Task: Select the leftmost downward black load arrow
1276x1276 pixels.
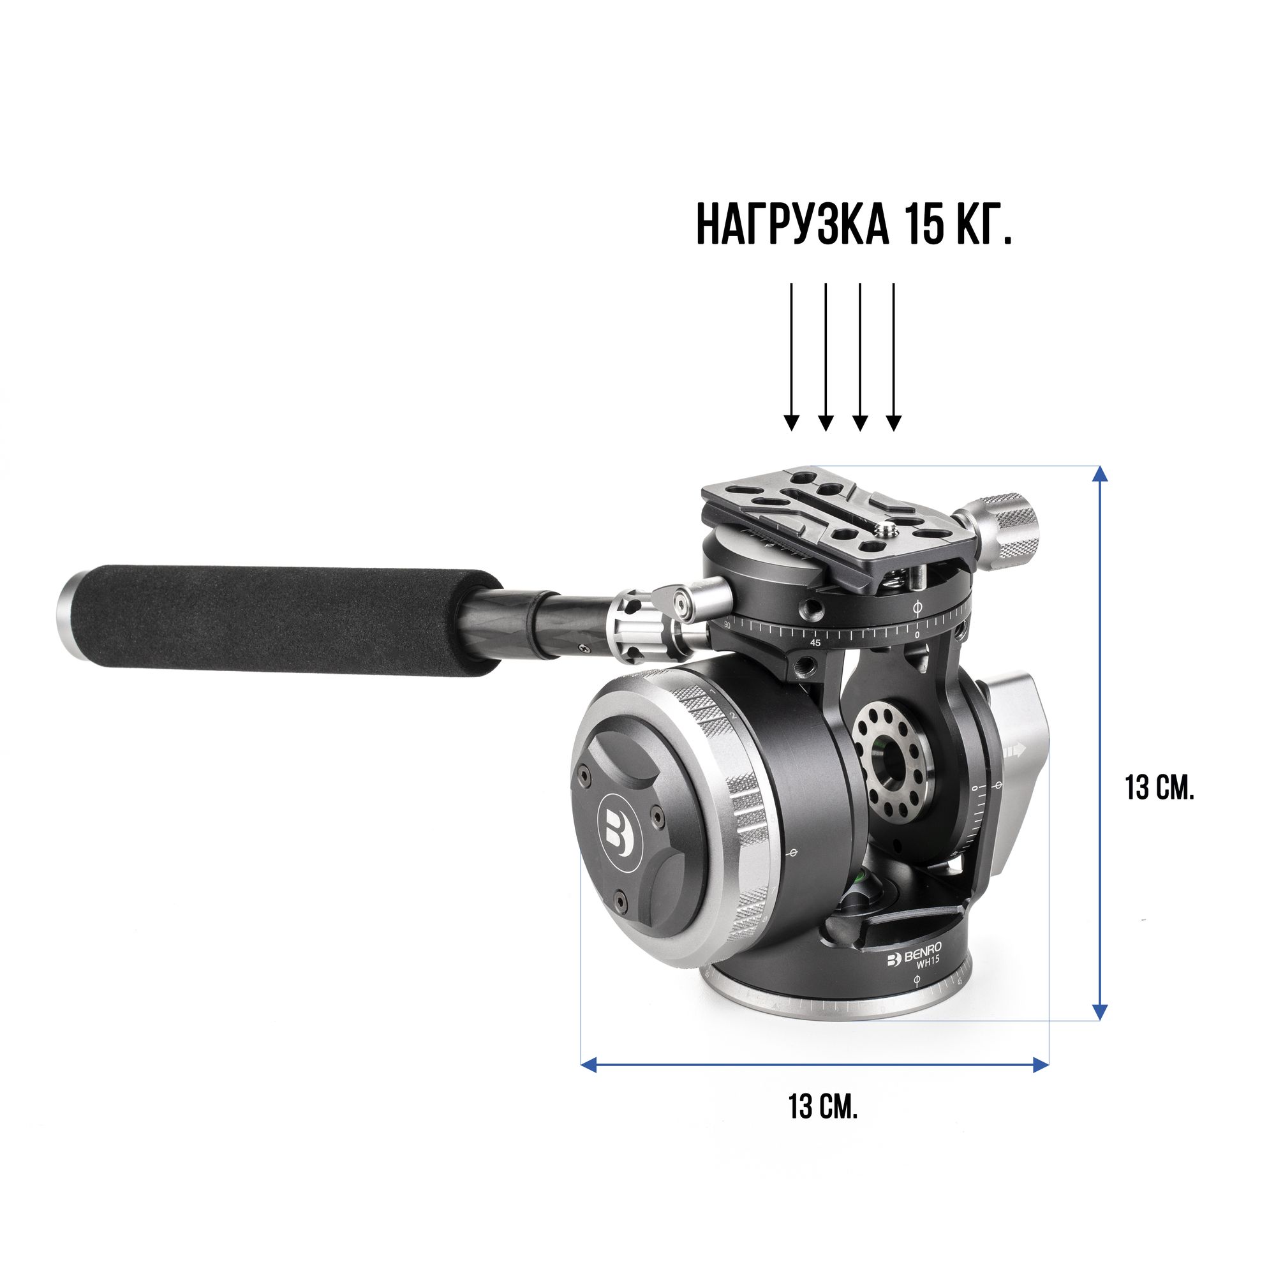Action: (791, 357)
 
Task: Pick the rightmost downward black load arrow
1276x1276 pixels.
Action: (894, 357)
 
